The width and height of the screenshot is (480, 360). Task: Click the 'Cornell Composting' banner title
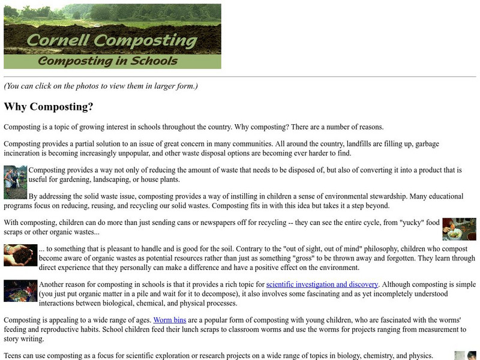point(113,41)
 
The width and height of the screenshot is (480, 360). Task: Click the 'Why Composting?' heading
point(49,107)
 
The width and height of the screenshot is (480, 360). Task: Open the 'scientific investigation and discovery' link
point(322,284)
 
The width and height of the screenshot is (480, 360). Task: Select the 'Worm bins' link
point(165,320)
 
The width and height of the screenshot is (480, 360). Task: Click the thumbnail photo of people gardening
point(16,182)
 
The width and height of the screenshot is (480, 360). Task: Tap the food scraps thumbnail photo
point(459,229)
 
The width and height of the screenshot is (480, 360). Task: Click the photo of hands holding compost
point(20,255)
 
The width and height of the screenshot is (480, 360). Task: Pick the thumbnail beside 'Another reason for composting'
point(20,290)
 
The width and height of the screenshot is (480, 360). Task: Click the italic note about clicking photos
point(101,86)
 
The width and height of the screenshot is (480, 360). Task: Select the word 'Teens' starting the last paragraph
point(14,356)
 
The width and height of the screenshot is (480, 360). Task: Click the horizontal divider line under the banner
point(240,77)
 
